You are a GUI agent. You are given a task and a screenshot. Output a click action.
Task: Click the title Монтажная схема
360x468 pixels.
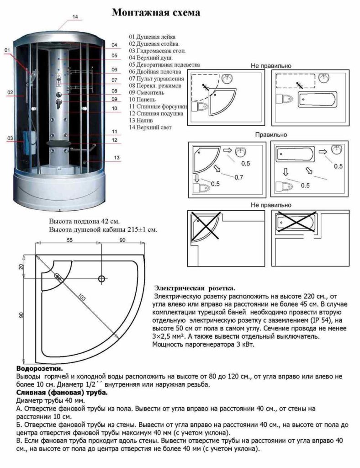coord(156,13)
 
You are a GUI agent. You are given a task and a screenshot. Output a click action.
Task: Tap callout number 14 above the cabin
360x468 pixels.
coord(75,17)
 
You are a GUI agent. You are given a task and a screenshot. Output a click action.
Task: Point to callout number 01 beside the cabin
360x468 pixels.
coord(7,50)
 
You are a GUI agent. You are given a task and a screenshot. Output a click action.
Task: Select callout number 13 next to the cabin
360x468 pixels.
coord(117,158)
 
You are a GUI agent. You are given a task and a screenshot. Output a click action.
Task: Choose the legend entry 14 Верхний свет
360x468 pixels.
coord(150,128)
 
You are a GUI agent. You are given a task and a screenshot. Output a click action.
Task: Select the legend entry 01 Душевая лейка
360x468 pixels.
coord(152,37)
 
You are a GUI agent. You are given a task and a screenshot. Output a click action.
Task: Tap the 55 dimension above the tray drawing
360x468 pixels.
coord(70,240)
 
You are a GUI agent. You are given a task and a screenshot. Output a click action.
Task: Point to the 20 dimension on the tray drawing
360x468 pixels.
coord(21,267)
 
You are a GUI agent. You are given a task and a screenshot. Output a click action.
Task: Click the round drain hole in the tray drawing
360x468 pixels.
coord(101,279)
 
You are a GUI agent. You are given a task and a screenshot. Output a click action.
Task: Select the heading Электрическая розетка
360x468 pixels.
coord(195,288)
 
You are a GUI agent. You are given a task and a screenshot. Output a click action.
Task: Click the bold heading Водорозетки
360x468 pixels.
coord(39,368)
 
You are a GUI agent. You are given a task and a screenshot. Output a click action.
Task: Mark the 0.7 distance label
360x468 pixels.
coord(238,177)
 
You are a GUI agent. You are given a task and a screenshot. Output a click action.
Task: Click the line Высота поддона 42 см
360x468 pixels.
coord(84,222)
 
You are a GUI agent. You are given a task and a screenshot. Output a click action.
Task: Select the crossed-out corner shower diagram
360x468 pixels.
coord(205,227)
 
